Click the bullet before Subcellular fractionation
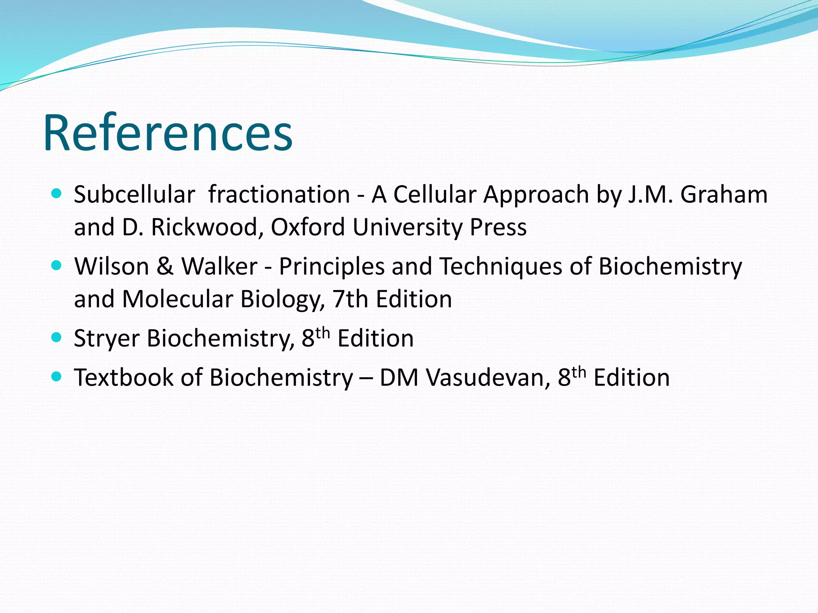(x=57, y=194)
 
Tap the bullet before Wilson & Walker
(x=57, y=266)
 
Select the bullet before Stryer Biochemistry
(x=57, y=338)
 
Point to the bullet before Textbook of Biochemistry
(x=57, y=377)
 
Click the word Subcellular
(x=134, y=195)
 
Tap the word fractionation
(x=279, y=195)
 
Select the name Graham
(x=724, y=195)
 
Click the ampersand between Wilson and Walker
(x=165, y=266)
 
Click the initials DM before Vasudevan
(x=398, y=378)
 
